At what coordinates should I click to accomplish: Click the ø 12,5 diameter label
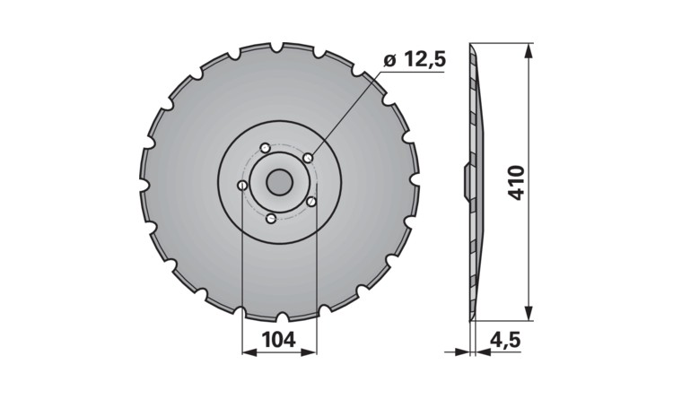point(415,61)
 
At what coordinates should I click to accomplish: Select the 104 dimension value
point(279,340)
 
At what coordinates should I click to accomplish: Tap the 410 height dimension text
point(515,181)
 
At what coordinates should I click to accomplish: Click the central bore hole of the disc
point(278,181)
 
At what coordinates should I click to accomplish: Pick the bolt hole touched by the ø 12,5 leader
point(308,158)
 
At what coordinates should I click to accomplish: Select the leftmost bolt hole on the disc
point(242,186)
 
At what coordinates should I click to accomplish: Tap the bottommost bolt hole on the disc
point(270,218)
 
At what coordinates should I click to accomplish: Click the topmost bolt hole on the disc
point(264,148)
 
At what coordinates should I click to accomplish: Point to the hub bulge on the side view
point(466,181)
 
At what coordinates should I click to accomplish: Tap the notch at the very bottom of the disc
point(281,317)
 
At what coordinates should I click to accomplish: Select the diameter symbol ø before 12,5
point(389,61)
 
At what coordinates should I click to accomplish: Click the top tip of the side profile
point(472,45)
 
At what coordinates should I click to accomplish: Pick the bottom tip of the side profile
point(472,318)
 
